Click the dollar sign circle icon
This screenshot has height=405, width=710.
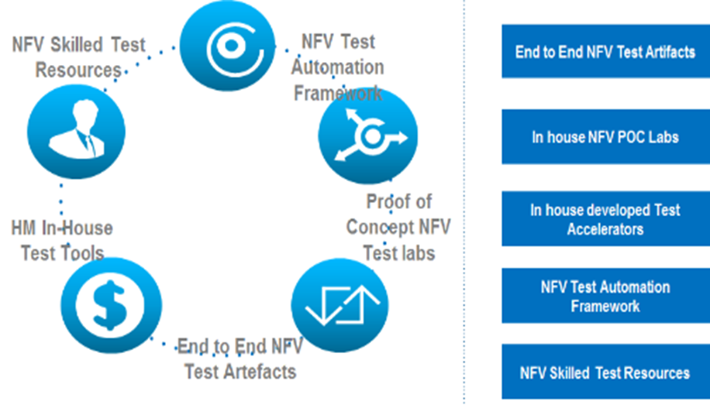[112, 305]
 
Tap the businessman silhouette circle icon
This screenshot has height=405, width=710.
[76, 131]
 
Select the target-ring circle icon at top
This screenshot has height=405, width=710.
[227, 45]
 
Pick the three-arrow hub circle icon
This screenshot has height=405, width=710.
[368, 136]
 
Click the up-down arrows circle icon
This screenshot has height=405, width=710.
[339, 305]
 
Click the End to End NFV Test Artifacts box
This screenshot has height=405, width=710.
[606, 51]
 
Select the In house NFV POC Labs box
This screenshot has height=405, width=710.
[606, 136]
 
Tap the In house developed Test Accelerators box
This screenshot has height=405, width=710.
[606, 218]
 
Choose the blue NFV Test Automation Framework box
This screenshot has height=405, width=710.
[606, 296]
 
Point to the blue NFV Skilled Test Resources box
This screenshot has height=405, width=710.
[606, 372]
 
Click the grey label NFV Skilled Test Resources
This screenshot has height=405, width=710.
[78, 57]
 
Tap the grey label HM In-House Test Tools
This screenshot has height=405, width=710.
[62, 240]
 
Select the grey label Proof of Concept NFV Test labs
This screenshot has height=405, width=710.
[398, 227]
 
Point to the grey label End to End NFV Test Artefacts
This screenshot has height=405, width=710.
[240, 359]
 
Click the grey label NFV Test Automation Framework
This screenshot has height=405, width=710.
[338, 67]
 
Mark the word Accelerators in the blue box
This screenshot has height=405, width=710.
[605, 229]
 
